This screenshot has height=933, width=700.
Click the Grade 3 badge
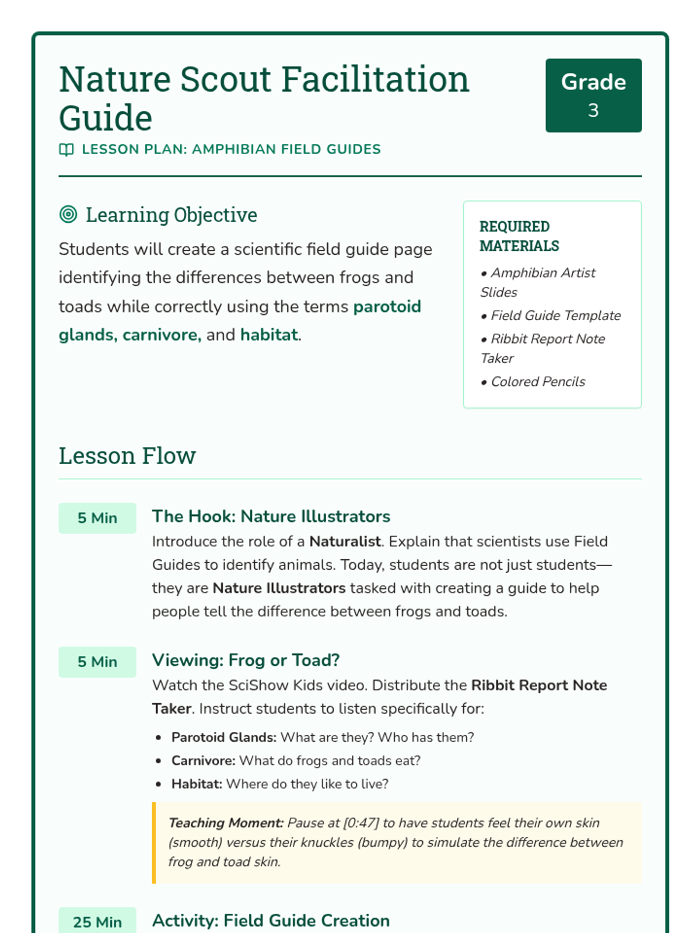[x=593, y=96]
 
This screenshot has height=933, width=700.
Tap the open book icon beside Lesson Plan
[x=66, y=150]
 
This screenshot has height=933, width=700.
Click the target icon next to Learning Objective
[x=68, y=215]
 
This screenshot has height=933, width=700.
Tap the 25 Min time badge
[x=97, y=921]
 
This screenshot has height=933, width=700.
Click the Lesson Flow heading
[x=127, y=455]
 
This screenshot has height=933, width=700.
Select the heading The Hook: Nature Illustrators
[x=271, y=516]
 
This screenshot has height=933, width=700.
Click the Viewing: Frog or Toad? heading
[x=246, y=660]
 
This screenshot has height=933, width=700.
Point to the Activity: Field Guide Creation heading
[x=271, y=920]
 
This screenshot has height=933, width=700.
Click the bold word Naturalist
[x=345, y=541]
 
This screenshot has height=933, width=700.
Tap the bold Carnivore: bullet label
[x=203, y=760]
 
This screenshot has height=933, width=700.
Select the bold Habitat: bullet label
[x=197, y=784]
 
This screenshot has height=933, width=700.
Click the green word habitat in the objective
[x=268, y=335]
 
